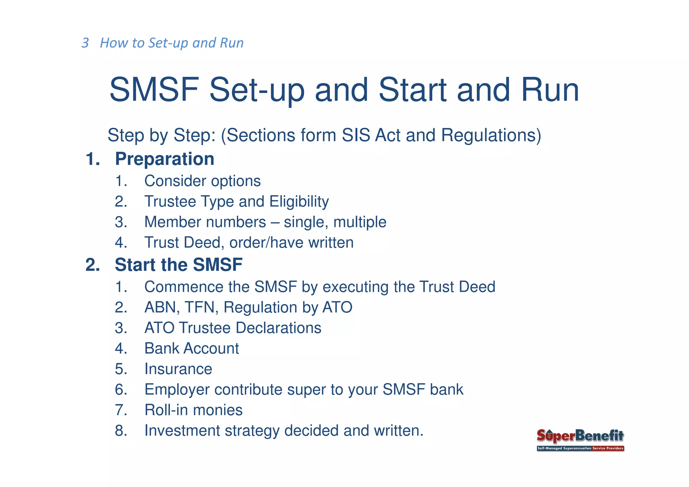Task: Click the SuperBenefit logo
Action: pyautogui.click(x=580, y=440)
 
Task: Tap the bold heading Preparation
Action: pyautogui.click(x=165, y=159)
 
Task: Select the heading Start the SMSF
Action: pyautogui.click(x=178, y=265)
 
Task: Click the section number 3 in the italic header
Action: pyautogui.click(x=85, y=43)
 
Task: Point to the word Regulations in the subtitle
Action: pyautogui.click(x=491, y=135)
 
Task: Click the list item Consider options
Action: pyautogui.click(x=202, y=181)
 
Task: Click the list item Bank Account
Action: pyautogui.click(x=191, y=348)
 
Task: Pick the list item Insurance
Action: pyautogui.click(x=178, y=369)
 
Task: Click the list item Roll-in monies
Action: pyautogui.click(x=193, y=410)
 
